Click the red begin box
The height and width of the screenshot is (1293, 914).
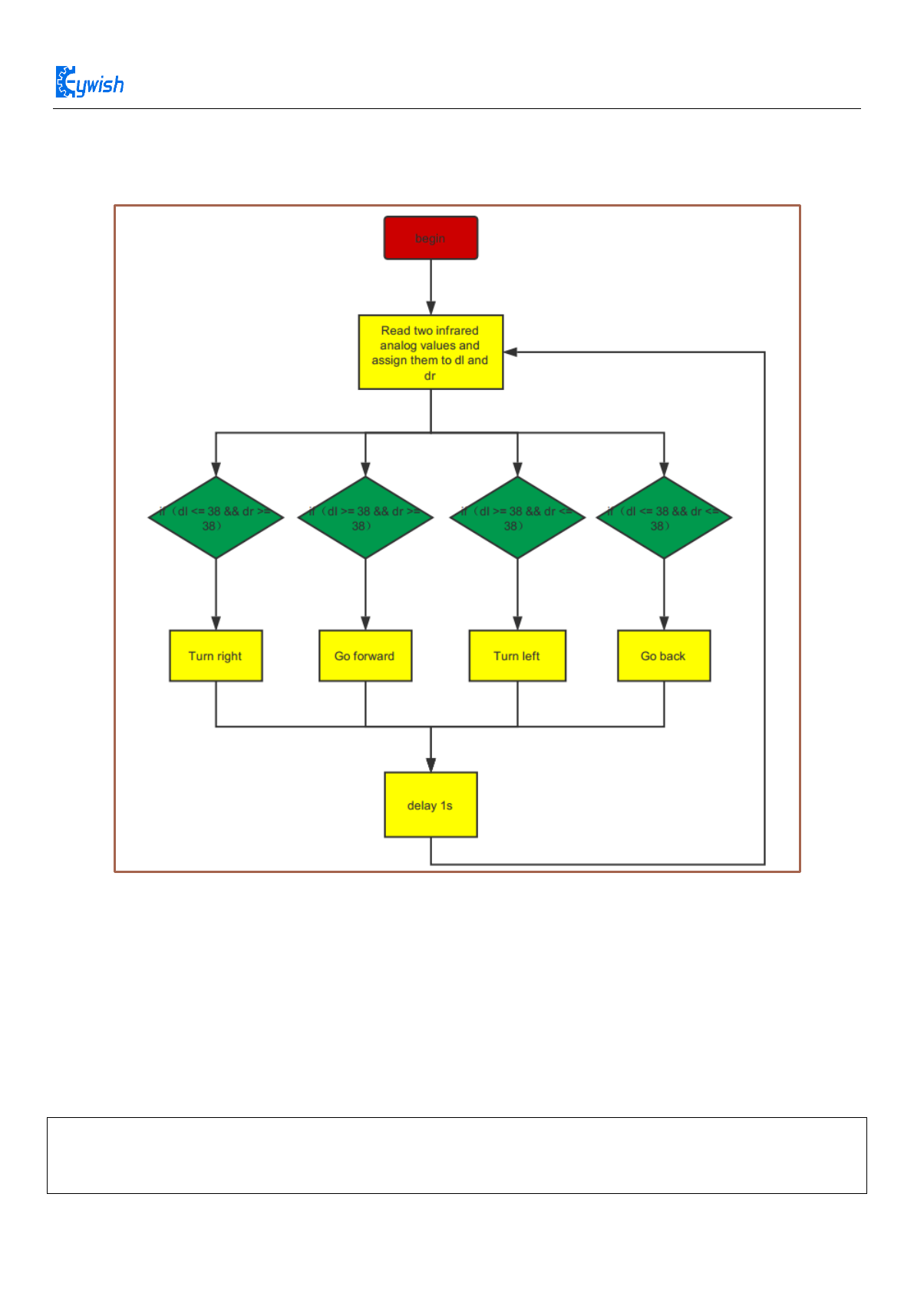[431, 238]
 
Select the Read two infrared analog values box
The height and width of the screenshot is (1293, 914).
[431, 352]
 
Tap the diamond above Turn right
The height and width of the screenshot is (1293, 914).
[216, 518]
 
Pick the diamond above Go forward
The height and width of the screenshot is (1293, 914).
[365, 518]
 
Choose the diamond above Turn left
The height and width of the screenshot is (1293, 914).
[517, 518]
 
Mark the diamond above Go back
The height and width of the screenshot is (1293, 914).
[664, 518]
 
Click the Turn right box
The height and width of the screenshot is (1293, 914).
[216, 656]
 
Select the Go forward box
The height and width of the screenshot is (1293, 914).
[365, 656]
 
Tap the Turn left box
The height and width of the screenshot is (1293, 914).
[517, 656]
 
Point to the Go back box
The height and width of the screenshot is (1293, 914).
[664, 656]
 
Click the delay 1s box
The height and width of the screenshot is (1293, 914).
[431, 805]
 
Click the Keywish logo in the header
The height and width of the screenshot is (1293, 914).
[90, 83]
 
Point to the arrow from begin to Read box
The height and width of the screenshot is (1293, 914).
[431, 287]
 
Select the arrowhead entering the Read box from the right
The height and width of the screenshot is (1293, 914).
[511, 352]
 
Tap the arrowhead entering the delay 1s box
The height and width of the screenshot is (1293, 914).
[431, 765]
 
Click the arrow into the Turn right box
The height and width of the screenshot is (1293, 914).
[216, 595]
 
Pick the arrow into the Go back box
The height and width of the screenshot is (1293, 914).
[664, 595]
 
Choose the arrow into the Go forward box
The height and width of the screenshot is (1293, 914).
[365, 595]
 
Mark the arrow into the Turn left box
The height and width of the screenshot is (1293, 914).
[517, 595]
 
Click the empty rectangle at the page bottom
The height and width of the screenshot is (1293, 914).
[457, 1156]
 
